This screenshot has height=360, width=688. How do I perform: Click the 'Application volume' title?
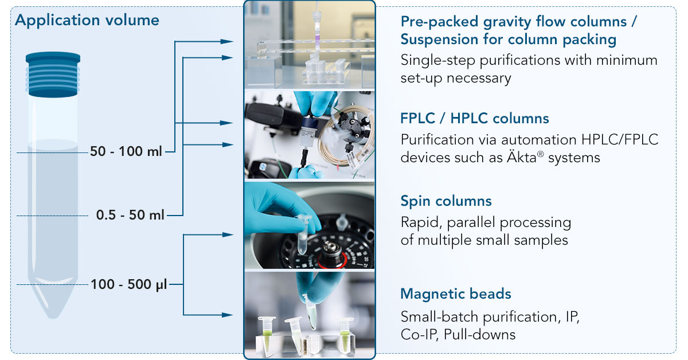tap(87, 21)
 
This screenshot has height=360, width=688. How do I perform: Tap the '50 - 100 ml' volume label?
tap(126, 151)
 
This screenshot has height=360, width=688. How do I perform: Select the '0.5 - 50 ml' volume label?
tap(130, 215)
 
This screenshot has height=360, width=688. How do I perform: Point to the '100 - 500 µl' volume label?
tap(129, 284)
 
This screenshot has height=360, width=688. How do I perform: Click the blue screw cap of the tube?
tap(53, 75)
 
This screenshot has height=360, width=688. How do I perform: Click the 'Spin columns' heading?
tap(446, 201)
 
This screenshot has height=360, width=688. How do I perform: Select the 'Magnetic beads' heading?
tap(456, 294)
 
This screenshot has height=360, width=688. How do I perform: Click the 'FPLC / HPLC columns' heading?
tap(475, 119)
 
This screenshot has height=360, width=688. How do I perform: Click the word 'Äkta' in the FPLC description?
tap(522, 158)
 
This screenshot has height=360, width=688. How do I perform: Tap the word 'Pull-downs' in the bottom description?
tap(479, 335)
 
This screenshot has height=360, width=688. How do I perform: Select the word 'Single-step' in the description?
tap(438, 61)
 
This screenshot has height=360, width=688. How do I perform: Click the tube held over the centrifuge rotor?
tap(303, 235)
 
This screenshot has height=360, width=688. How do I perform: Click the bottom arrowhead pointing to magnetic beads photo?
tap(227, 315)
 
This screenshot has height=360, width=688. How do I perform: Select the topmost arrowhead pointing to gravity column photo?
tap(227, 41)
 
